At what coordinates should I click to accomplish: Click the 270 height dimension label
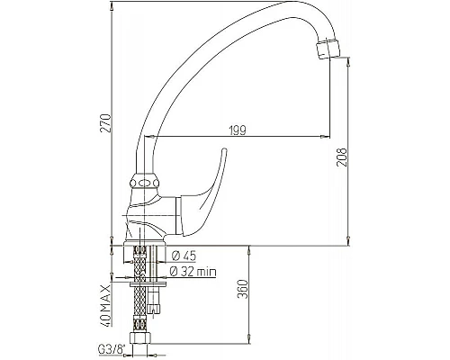click(105, 123)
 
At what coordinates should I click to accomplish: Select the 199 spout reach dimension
click(238, 130)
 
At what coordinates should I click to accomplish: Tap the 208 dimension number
click(341, 157)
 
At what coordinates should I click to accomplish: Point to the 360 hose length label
click(243, 289)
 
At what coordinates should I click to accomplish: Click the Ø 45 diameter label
click(184, 256)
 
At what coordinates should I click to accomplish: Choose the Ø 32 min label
click(193, 272)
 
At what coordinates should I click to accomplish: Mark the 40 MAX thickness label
click(105, 305)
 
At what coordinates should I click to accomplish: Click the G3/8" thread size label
click(112, 349)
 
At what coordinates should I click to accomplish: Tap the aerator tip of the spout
click(328, 49)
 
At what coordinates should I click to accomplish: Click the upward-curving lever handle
click(204, 195)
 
